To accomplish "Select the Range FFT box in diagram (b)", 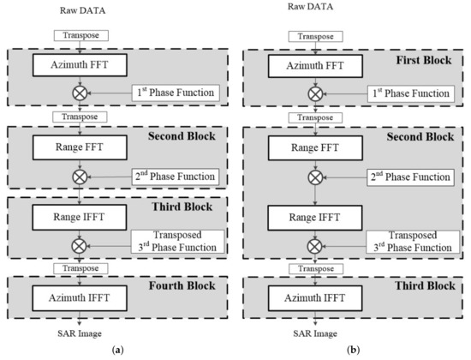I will point(312,147).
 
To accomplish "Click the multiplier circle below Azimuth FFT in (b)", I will point(312,89).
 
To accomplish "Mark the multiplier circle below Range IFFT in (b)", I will point(312,244).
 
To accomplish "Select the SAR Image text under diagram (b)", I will point(312,333).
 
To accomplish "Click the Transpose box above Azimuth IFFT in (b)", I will point(312,269).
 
